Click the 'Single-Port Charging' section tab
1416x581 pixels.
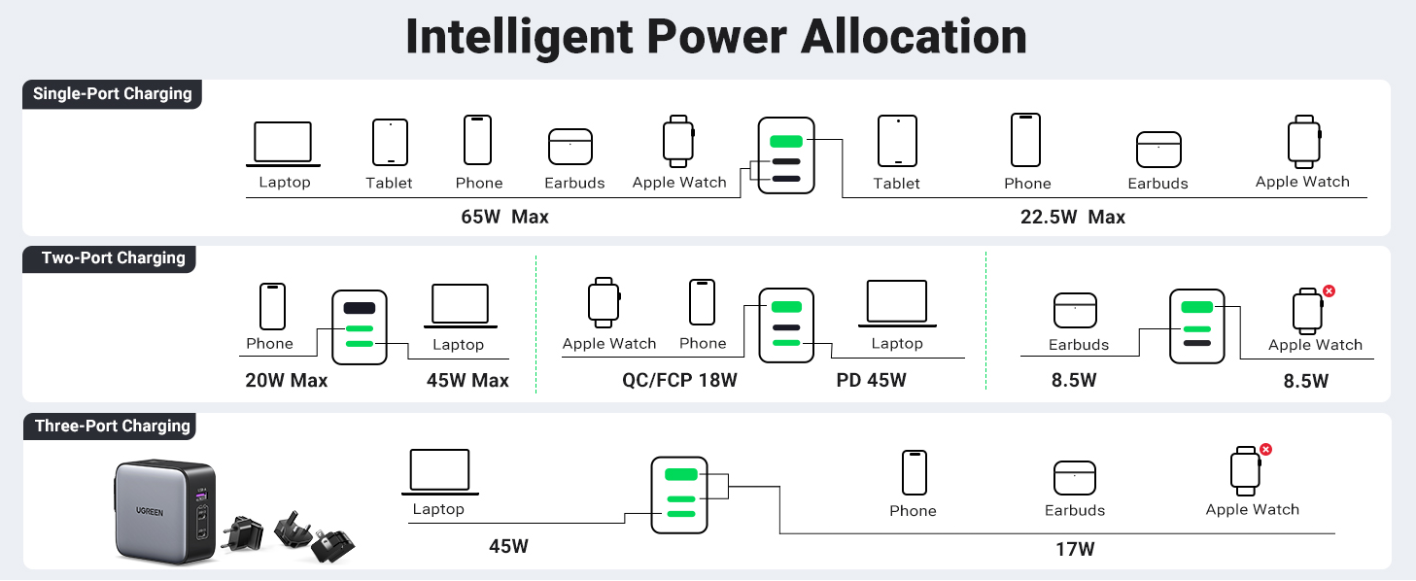tap(112, 94)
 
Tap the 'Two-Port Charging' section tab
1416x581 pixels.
tap(113, 258)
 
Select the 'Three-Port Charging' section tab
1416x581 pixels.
tap(112, 427)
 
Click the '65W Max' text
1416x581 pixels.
tap(504, 217)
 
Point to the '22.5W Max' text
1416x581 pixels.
tap(1072, 218)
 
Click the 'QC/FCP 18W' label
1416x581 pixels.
tap(679, 381)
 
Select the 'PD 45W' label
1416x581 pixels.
tap(871, 381)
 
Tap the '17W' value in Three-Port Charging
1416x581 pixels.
tap(1075, 550)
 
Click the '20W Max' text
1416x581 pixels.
tap(286, 381)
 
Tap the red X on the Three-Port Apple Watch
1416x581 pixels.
tap(1265, 449)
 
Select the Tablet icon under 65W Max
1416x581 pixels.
tap(390, 143)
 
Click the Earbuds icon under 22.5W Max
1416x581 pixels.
tap(1158, 151)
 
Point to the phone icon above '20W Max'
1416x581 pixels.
tap(272, 306)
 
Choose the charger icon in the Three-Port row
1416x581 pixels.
tap(679, 495)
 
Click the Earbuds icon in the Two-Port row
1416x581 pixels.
tap(1075, 311)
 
